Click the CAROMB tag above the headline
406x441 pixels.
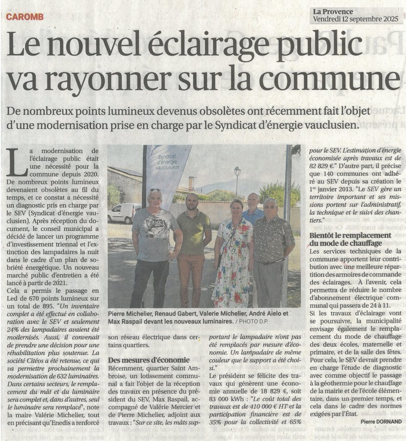pyautogui.click(x=25, y=18)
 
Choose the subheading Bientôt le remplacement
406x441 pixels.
pyautogui.click(x=350, y=236)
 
